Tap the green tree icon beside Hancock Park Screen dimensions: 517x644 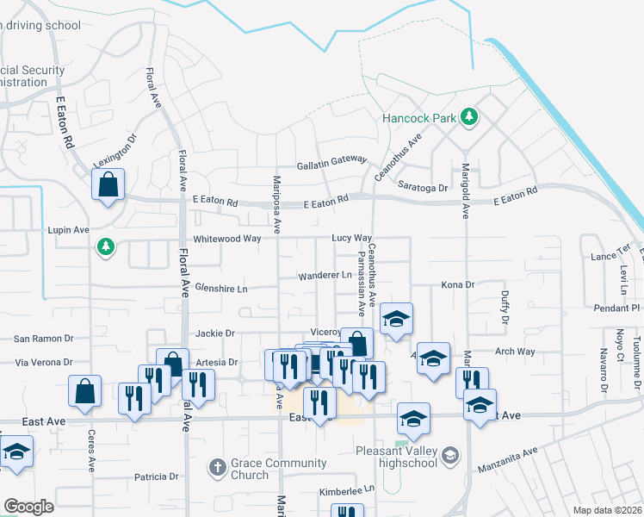468,115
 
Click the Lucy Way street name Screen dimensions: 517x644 352,238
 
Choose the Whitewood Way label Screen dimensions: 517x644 226,238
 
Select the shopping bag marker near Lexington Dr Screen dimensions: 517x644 108,184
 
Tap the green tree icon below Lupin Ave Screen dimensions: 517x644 106,247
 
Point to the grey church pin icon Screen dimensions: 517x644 217,469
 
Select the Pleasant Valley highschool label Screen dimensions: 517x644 397,456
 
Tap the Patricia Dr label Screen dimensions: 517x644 156,476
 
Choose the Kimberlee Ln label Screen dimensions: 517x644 348,489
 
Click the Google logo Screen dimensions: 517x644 28,506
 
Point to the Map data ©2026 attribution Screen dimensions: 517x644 606,510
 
